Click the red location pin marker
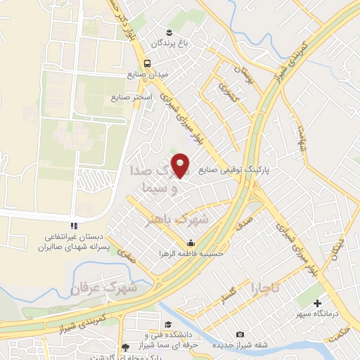[x=182, y=165]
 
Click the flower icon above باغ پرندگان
[x=169, y=32]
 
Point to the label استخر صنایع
[x=127, y=98]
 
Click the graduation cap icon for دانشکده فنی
[x=168, y=323]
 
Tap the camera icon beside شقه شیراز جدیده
[x=241, y=334]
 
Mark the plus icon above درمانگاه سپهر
[x=318, y=302]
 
